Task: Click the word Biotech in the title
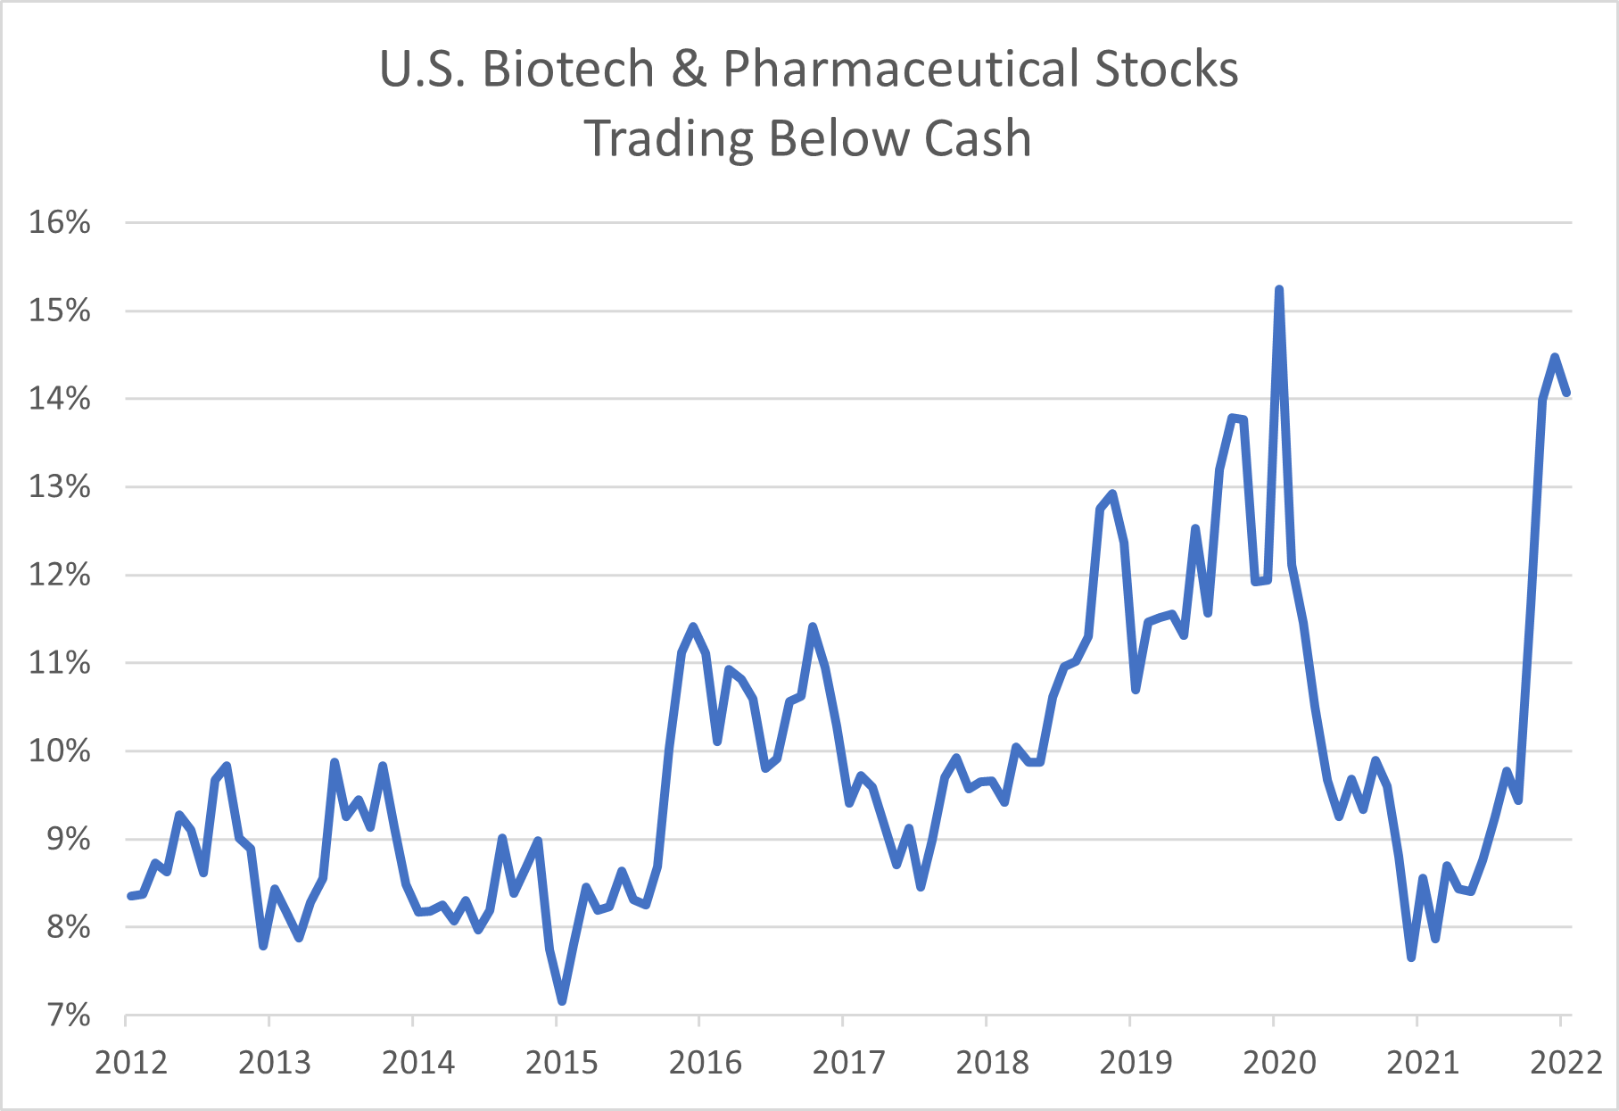(568, 69)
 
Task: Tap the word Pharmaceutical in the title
(900, 69)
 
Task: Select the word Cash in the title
(978, 139)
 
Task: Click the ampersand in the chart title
(689, 69)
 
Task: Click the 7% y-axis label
(68, 1016)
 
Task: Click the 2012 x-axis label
(131, 1062)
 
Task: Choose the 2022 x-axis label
(1565, 1062)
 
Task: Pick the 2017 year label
(848, 1062)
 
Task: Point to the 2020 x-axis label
(1279, 1062)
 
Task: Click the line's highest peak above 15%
(1279, 290)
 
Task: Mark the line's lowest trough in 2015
(562, 1000)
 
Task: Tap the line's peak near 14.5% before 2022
(1555, 357)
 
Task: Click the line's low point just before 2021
(1411, 958)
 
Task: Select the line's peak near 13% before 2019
(1112, 493)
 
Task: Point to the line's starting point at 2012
(130, 896)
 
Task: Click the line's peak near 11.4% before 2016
(693, 626)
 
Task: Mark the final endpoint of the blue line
(1566, 393)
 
